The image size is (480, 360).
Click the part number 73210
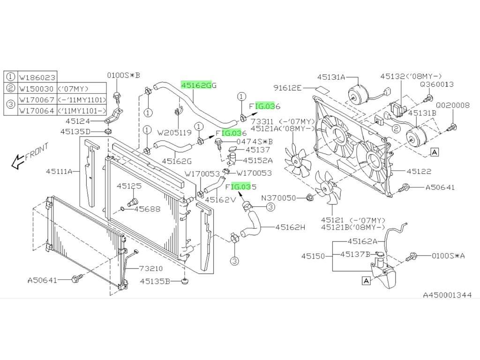150,269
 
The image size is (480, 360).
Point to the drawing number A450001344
447,295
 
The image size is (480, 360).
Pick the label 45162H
290,228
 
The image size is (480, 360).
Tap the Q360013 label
436,84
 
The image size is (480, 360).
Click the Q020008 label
452,105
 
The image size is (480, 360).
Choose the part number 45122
419,172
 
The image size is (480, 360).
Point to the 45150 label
313,256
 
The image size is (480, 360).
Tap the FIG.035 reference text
241,186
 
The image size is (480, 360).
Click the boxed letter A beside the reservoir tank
366,281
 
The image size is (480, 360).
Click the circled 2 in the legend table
11,88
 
